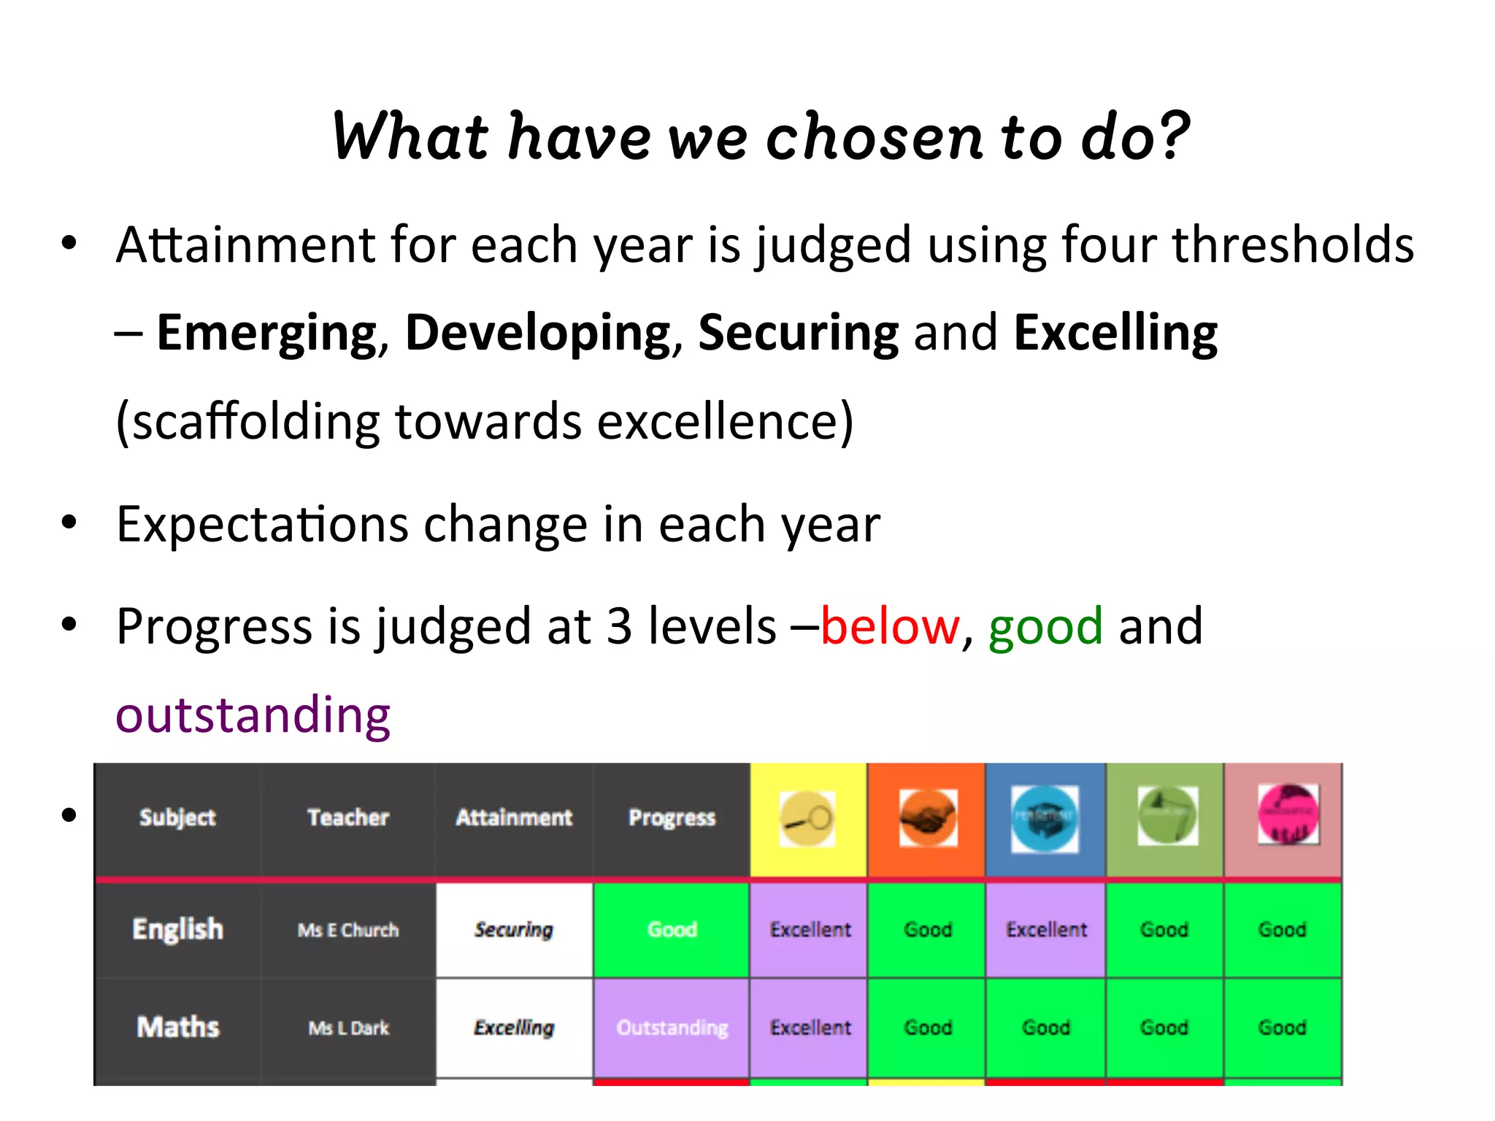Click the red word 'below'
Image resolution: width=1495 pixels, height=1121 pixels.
tap(890, 626)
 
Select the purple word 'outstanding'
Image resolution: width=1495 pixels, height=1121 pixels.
tap(253, 715)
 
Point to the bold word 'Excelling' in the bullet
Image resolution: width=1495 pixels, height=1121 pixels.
tap(1115, 333)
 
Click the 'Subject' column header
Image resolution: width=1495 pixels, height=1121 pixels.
tap(177, 817)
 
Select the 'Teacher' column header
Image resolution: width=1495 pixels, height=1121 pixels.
tap(348, 817)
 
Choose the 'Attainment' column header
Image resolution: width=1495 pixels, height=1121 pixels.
tap(514, 817)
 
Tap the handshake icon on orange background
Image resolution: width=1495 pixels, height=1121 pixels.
tap(927, 818)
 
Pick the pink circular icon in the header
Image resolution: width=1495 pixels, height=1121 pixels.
tap(1288, 814)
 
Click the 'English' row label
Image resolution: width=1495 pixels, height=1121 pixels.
tap(177, 929)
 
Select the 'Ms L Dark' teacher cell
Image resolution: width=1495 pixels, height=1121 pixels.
tap(348, 1028)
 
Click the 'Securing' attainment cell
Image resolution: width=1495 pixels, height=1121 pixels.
tap(514, 929)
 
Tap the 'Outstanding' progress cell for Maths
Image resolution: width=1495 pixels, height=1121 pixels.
tap(672, 1028)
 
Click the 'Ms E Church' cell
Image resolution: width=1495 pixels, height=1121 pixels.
tap(348, 930)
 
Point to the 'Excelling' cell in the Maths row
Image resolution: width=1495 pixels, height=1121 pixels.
tap(514, 1028)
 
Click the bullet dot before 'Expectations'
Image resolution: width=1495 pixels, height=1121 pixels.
tap(69, 523)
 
